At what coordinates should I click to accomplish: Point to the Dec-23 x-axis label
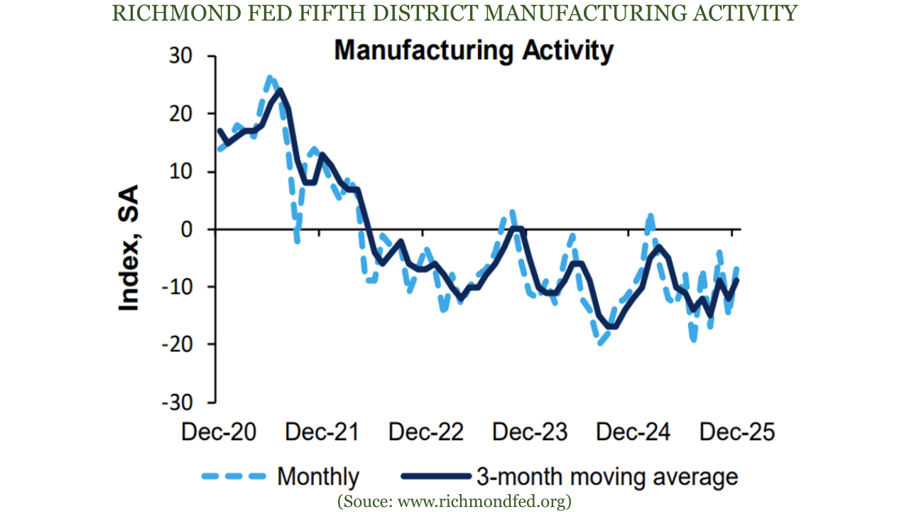pos(530,432)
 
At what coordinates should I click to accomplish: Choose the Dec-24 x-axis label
pos(633,432)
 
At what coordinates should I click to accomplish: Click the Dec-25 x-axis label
pos(736,432)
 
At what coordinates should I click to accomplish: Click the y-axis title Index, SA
pos(129,247)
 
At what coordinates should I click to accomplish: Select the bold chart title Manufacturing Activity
pos(474,51)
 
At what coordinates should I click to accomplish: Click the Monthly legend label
pos(318,476)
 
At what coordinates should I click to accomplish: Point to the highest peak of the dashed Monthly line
pos(269,77)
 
